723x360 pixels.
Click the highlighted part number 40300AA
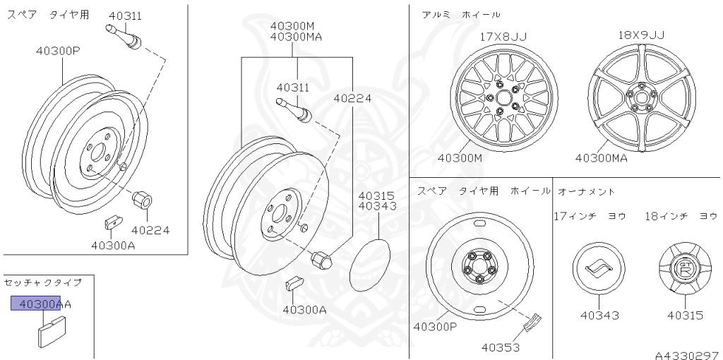click(41, 304)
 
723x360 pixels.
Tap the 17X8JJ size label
click(503, 37)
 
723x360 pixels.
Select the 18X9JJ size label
click(641, 35)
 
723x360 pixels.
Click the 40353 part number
click(501, 347)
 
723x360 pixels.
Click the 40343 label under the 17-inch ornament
click(599, 316)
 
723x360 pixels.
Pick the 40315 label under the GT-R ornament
click(685, 316)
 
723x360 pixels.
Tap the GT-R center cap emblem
click(684, 269)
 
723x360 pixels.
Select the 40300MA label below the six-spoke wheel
click(602, 158)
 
